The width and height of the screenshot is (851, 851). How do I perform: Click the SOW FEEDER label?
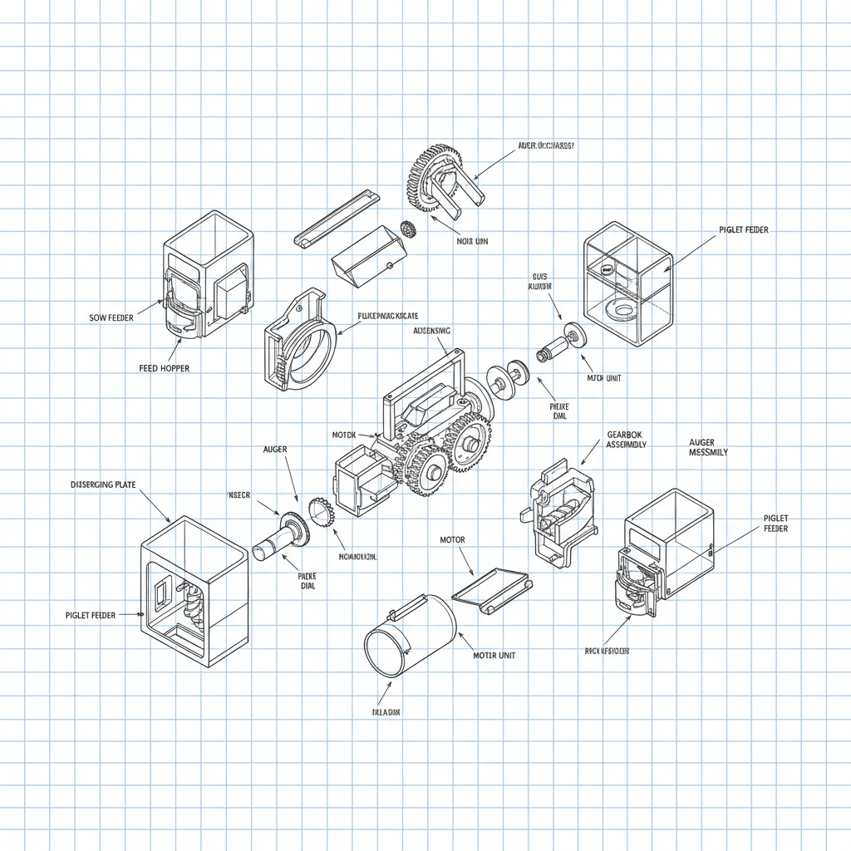111,317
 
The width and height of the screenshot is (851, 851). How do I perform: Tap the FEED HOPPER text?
164,367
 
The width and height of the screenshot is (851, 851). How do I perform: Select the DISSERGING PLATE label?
103,484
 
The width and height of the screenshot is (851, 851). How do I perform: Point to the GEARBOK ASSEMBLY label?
627,439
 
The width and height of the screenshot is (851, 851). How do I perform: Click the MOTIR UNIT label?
494,655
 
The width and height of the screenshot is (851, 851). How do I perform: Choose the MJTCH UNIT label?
604,378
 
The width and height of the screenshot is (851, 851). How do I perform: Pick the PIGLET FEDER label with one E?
743,230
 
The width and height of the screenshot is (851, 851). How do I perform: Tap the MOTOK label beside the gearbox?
344,435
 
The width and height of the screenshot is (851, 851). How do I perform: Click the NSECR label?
239,495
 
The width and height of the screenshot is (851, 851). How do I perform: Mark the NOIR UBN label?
473,242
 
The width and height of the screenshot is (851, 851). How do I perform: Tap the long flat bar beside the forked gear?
337,217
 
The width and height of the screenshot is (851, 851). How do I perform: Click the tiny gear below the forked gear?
407,228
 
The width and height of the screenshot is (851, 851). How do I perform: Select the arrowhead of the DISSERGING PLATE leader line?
170,522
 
